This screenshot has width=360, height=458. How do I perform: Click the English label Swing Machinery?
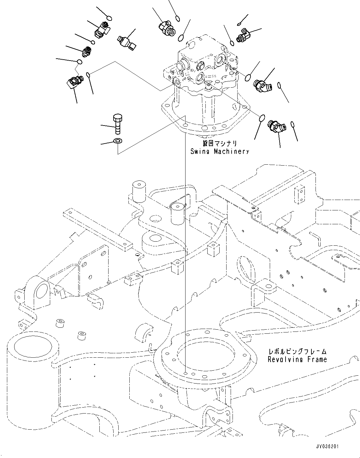click(x=220, y=151)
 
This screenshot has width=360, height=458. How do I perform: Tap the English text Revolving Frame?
click(x=297, y=359)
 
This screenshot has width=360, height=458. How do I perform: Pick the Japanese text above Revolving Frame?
click(x=297, y=351)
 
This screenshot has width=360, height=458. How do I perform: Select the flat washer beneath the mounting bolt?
click(x=118, y=140)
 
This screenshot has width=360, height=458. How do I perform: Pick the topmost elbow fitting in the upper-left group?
click(x=101, y=30)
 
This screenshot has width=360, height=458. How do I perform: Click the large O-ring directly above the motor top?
click(x=181, y=38)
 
